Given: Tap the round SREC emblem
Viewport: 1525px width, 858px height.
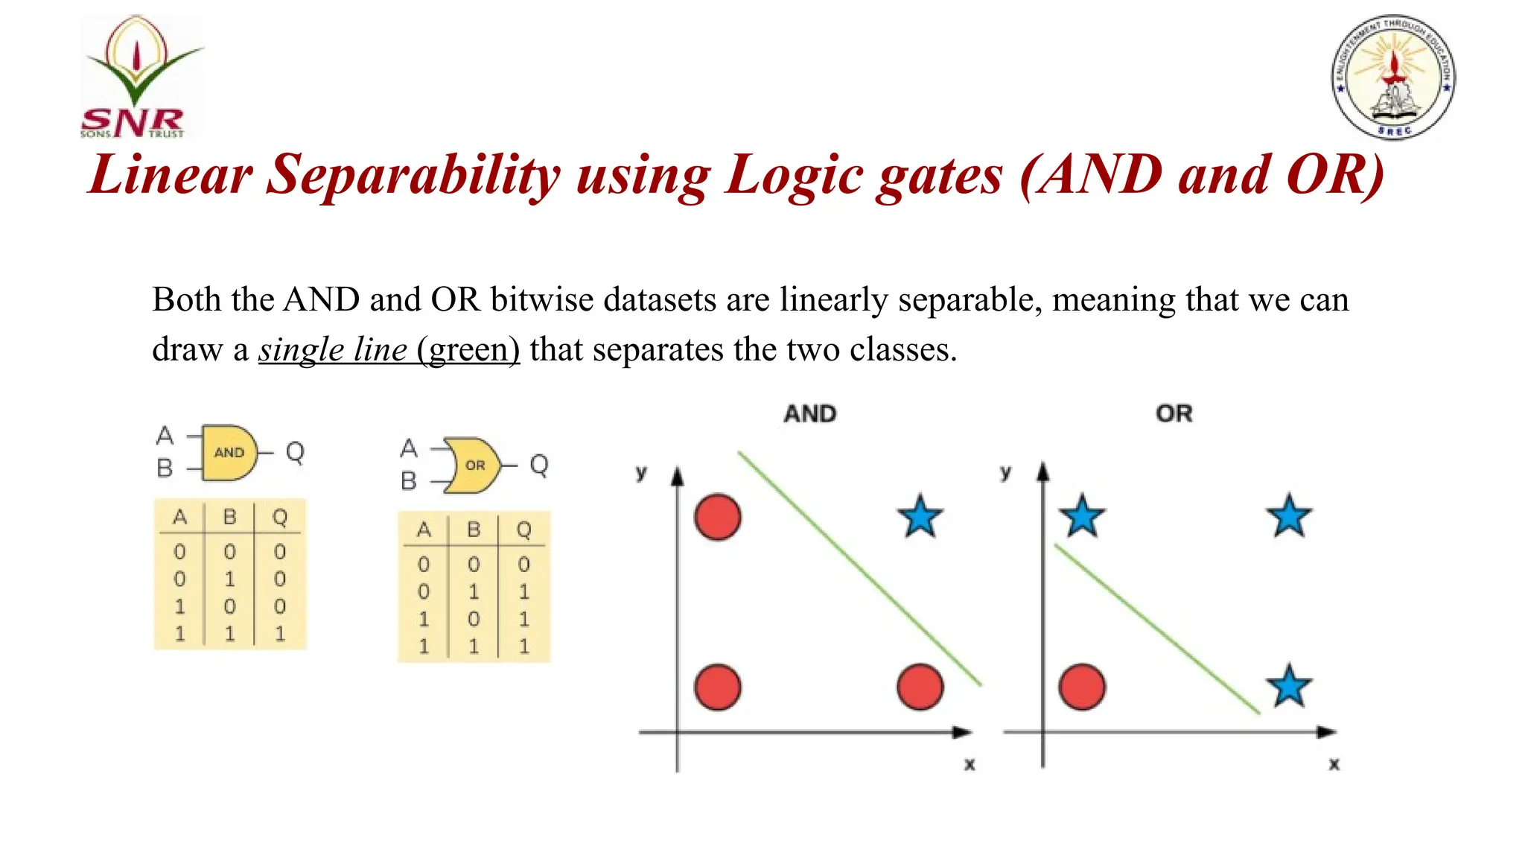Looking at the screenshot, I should tap(1393, 77).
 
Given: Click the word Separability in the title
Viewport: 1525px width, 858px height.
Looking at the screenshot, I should tap(413, 176).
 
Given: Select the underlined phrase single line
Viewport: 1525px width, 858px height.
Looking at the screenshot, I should tap(333, 349).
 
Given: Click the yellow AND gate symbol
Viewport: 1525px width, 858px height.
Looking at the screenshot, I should tap(229, 452).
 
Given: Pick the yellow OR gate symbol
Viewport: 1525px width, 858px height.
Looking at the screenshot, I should tap(473, 465).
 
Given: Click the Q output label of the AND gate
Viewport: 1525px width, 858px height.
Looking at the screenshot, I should tap(295, 451).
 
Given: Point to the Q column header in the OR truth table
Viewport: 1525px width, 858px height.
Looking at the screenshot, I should tap(524, 530).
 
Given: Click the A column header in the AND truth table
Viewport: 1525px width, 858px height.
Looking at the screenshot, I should tap(179, 517).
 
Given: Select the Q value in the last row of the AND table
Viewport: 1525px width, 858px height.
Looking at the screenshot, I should tap(280, 634).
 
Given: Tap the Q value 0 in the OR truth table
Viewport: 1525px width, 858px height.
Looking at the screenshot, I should tap(524, 565).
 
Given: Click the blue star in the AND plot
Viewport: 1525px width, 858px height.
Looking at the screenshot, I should tap(920, 517).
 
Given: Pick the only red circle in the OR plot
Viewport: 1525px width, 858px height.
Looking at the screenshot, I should tap(1082, 687).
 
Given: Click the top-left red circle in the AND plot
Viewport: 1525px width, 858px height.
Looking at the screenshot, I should tap(718, 517).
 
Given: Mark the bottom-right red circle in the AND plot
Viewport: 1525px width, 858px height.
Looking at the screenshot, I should tap(920, 687).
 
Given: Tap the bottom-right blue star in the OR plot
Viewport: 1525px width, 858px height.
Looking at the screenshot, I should tap(1289, 687).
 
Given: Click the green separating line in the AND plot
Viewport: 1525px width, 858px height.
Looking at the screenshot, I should tap(860, 568).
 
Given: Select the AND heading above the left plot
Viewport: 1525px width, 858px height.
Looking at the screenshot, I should tap(810, 414).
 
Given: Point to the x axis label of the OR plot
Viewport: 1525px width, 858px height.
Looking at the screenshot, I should tap(1334, 764).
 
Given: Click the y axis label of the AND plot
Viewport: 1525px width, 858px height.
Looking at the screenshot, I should tap(641, 472).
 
